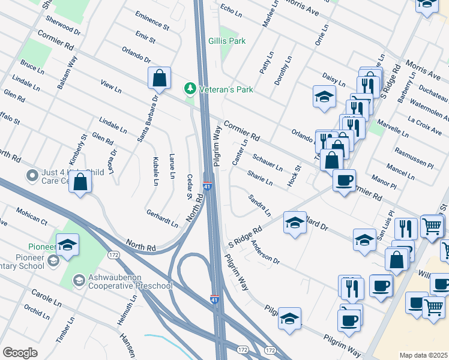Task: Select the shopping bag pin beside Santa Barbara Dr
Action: (x=159, y=79)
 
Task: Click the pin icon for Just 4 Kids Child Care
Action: (x=32, y=176)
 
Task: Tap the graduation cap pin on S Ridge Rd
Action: (x=295, y=224)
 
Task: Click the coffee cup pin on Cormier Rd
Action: (x=344, y=181)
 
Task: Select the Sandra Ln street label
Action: (x=259, y=205)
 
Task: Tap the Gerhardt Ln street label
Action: (x=162, y=218)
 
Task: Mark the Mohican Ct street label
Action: (x=31, y=217)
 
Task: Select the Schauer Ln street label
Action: (x=267, y=161)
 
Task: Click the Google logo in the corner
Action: (x=20, y=352)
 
